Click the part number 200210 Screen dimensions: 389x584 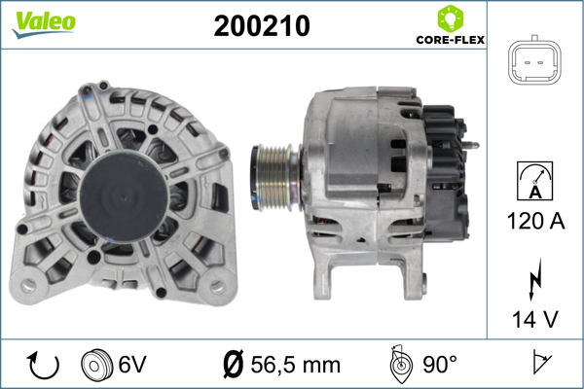point(261,27)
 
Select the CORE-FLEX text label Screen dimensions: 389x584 point(450,42)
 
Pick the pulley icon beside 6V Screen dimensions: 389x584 point(97,365)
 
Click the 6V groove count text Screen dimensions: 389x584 point(134,365)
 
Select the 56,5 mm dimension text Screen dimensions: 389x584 point(296,365)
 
